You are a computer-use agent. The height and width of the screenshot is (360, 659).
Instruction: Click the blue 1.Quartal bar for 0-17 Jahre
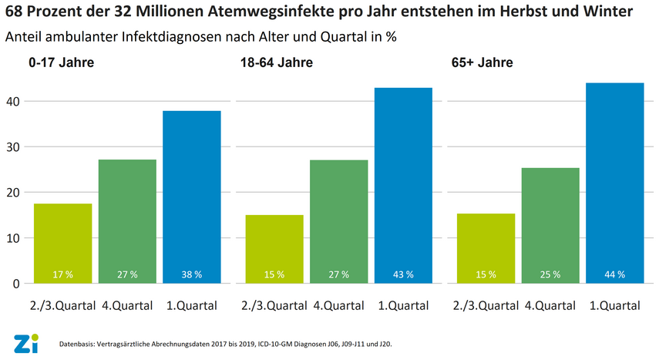tap(192, 197)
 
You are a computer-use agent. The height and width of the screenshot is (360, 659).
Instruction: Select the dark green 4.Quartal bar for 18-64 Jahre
tap(338, 221)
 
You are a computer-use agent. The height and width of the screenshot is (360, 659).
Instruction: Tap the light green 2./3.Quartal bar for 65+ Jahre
tap(486, 248)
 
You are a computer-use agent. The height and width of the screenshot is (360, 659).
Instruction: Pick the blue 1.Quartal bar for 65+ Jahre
tap(615, 183)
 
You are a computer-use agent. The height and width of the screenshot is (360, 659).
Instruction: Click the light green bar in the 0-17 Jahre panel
tap(62, 243)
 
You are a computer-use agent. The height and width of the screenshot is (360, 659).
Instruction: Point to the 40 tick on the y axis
tap(13, 101)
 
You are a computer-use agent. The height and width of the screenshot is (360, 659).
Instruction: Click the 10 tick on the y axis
tap(13, 237)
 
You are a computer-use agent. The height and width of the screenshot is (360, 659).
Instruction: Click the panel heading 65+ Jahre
tap(482, 62)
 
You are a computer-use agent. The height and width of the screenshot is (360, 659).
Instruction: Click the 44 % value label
tap(615, 274)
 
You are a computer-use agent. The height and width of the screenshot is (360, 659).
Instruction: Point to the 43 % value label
tap(403, 274)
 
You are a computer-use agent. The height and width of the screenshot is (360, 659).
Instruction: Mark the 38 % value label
tap(192, 274)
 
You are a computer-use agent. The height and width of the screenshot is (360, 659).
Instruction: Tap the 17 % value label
tap(62, 274)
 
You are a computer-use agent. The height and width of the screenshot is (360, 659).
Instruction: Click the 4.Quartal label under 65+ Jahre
tap(551, 305)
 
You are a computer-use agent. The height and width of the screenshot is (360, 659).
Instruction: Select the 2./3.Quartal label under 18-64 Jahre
tap(274, 305)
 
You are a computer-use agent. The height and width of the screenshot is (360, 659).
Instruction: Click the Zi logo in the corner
tap(22, 345)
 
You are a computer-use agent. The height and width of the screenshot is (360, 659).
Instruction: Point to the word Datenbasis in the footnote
tap(76, 344)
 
